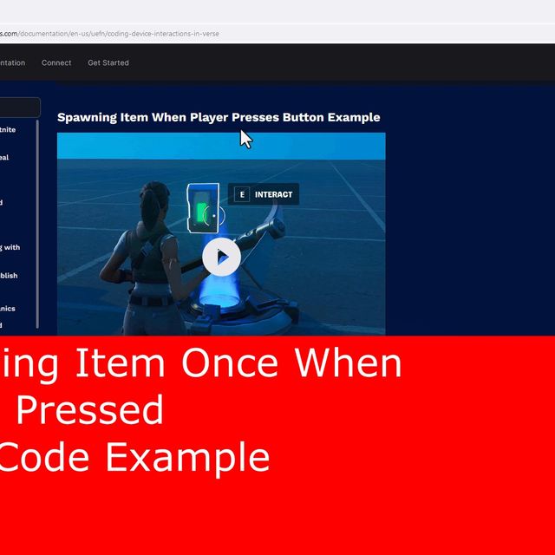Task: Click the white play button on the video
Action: pos(222,257)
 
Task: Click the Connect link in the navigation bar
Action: pos(56,62)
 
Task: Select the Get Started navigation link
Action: pos(108,62)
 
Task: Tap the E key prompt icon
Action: pos(242,194)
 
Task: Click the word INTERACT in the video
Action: pos(274,194)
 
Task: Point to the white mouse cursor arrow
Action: pos(245,139)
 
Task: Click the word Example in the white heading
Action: pos(354,117)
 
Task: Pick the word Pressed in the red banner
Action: pos(90,409)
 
